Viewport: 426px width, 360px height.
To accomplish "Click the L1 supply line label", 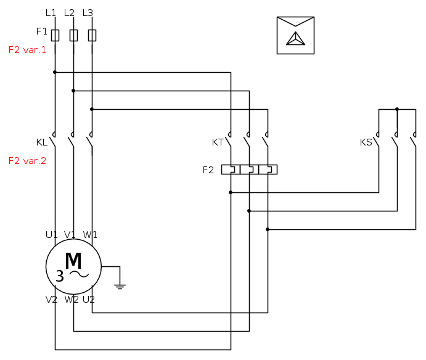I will point(51,13).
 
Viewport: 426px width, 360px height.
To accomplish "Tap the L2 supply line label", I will point(69,13).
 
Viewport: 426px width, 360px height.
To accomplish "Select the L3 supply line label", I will point(88,13).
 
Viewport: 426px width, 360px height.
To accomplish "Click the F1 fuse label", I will point(42,31).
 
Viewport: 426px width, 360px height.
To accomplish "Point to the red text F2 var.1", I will point(27,50).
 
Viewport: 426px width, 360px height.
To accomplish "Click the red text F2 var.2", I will point(27,161).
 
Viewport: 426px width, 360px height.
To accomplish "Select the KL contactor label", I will point(42,142).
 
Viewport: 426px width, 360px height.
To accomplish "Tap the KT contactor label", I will point(218,142).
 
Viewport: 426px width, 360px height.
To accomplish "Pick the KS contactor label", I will point(366,142).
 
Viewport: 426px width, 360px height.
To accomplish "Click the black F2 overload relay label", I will point(208,170).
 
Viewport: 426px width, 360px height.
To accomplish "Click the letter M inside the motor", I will point(73,261).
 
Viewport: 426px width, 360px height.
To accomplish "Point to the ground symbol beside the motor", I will point(120,285).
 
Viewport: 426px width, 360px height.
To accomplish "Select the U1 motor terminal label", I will point(52,235).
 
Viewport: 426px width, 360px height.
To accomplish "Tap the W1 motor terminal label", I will point(90,235).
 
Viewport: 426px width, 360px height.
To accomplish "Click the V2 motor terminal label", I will point(52,300).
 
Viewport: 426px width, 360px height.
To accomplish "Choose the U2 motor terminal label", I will point(89,300).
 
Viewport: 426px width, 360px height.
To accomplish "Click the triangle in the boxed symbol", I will point(295,39).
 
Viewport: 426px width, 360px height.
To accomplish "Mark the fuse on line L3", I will point(92,35).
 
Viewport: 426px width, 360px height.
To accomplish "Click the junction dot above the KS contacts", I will point(397,109).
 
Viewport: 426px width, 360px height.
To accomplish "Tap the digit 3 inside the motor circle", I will point(59,276).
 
